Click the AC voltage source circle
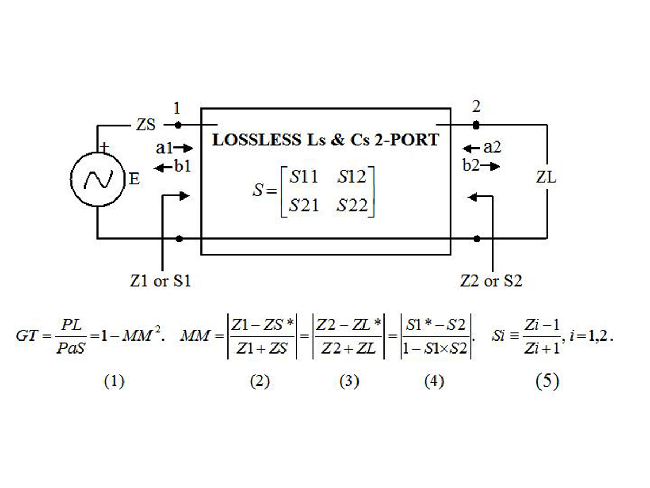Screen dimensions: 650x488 (97, 179)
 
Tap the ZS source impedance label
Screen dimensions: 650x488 (146, 125)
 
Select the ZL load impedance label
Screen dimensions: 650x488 (546, 177)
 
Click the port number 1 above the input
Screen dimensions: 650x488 (177, 108)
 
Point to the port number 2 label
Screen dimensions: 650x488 (476, 106)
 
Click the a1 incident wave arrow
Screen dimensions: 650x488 (183, 148)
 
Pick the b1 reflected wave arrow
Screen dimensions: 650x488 (163, 168)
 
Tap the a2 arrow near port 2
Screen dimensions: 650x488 (471, 148)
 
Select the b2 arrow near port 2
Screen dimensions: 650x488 (490, 166)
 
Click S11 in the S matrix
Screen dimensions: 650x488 (303, 177)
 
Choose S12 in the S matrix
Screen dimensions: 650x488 (352, 177)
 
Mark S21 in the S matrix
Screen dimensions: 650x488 (304, 206)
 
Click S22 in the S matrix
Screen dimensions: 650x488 (352, 206)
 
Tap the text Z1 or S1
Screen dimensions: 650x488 (160, 280)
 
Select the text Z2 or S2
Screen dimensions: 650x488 (491, 280)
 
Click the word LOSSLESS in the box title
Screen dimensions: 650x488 (257, 140)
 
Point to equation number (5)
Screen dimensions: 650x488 (547, 381)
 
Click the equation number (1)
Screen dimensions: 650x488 (114, 381)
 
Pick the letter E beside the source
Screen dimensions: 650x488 (134, 179)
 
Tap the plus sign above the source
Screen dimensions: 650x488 (104, 146)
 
